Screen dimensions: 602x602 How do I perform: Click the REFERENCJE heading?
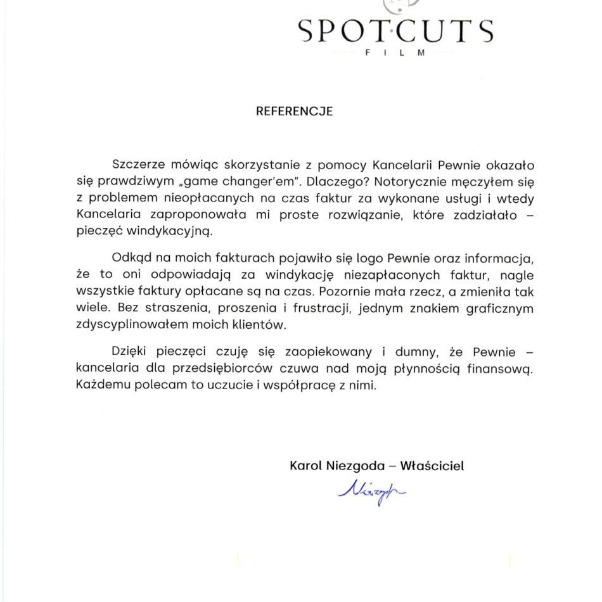(x=294, y=112)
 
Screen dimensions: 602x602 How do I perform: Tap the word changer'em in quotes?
(x=247, y=182)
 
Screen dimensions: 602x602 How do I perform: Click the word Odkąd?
(x=131, y=259)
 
